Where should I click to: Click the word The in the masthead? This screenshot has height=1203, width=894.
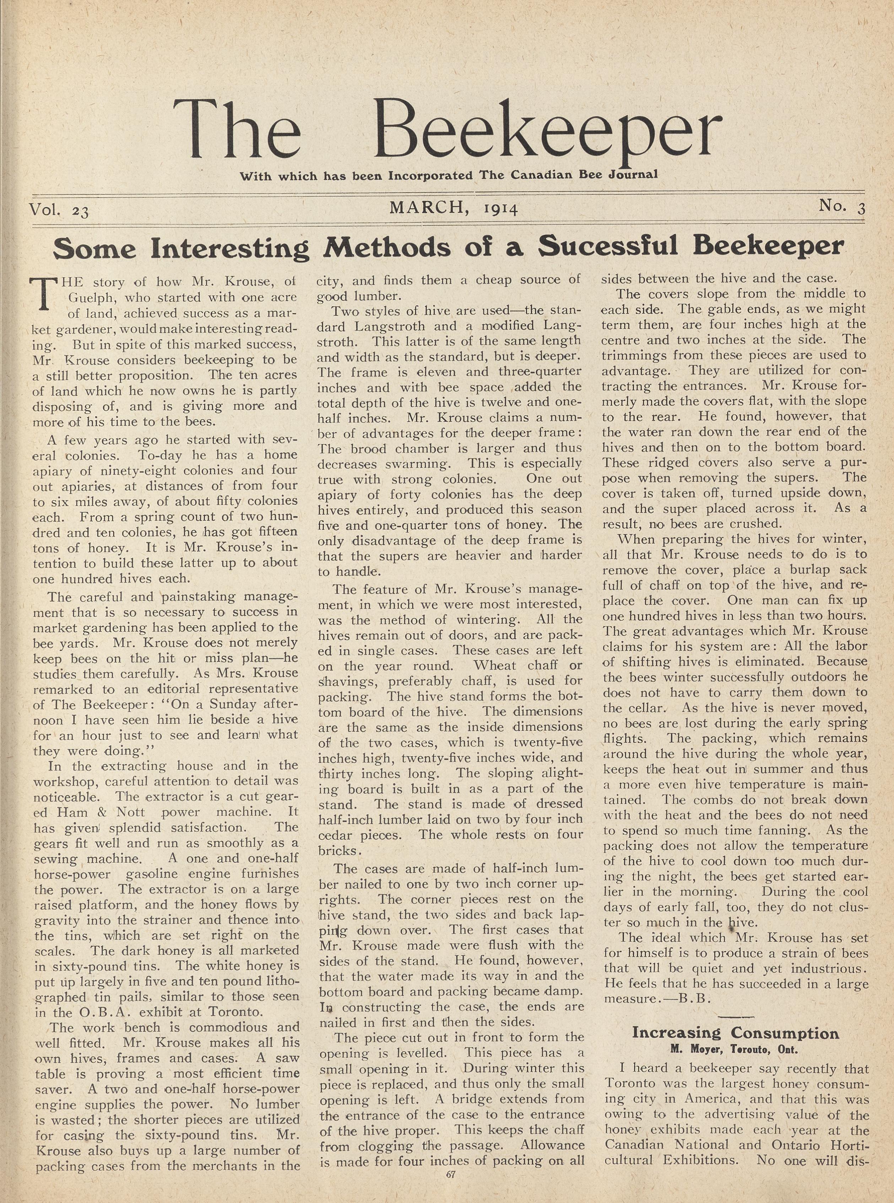point(237,131)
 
